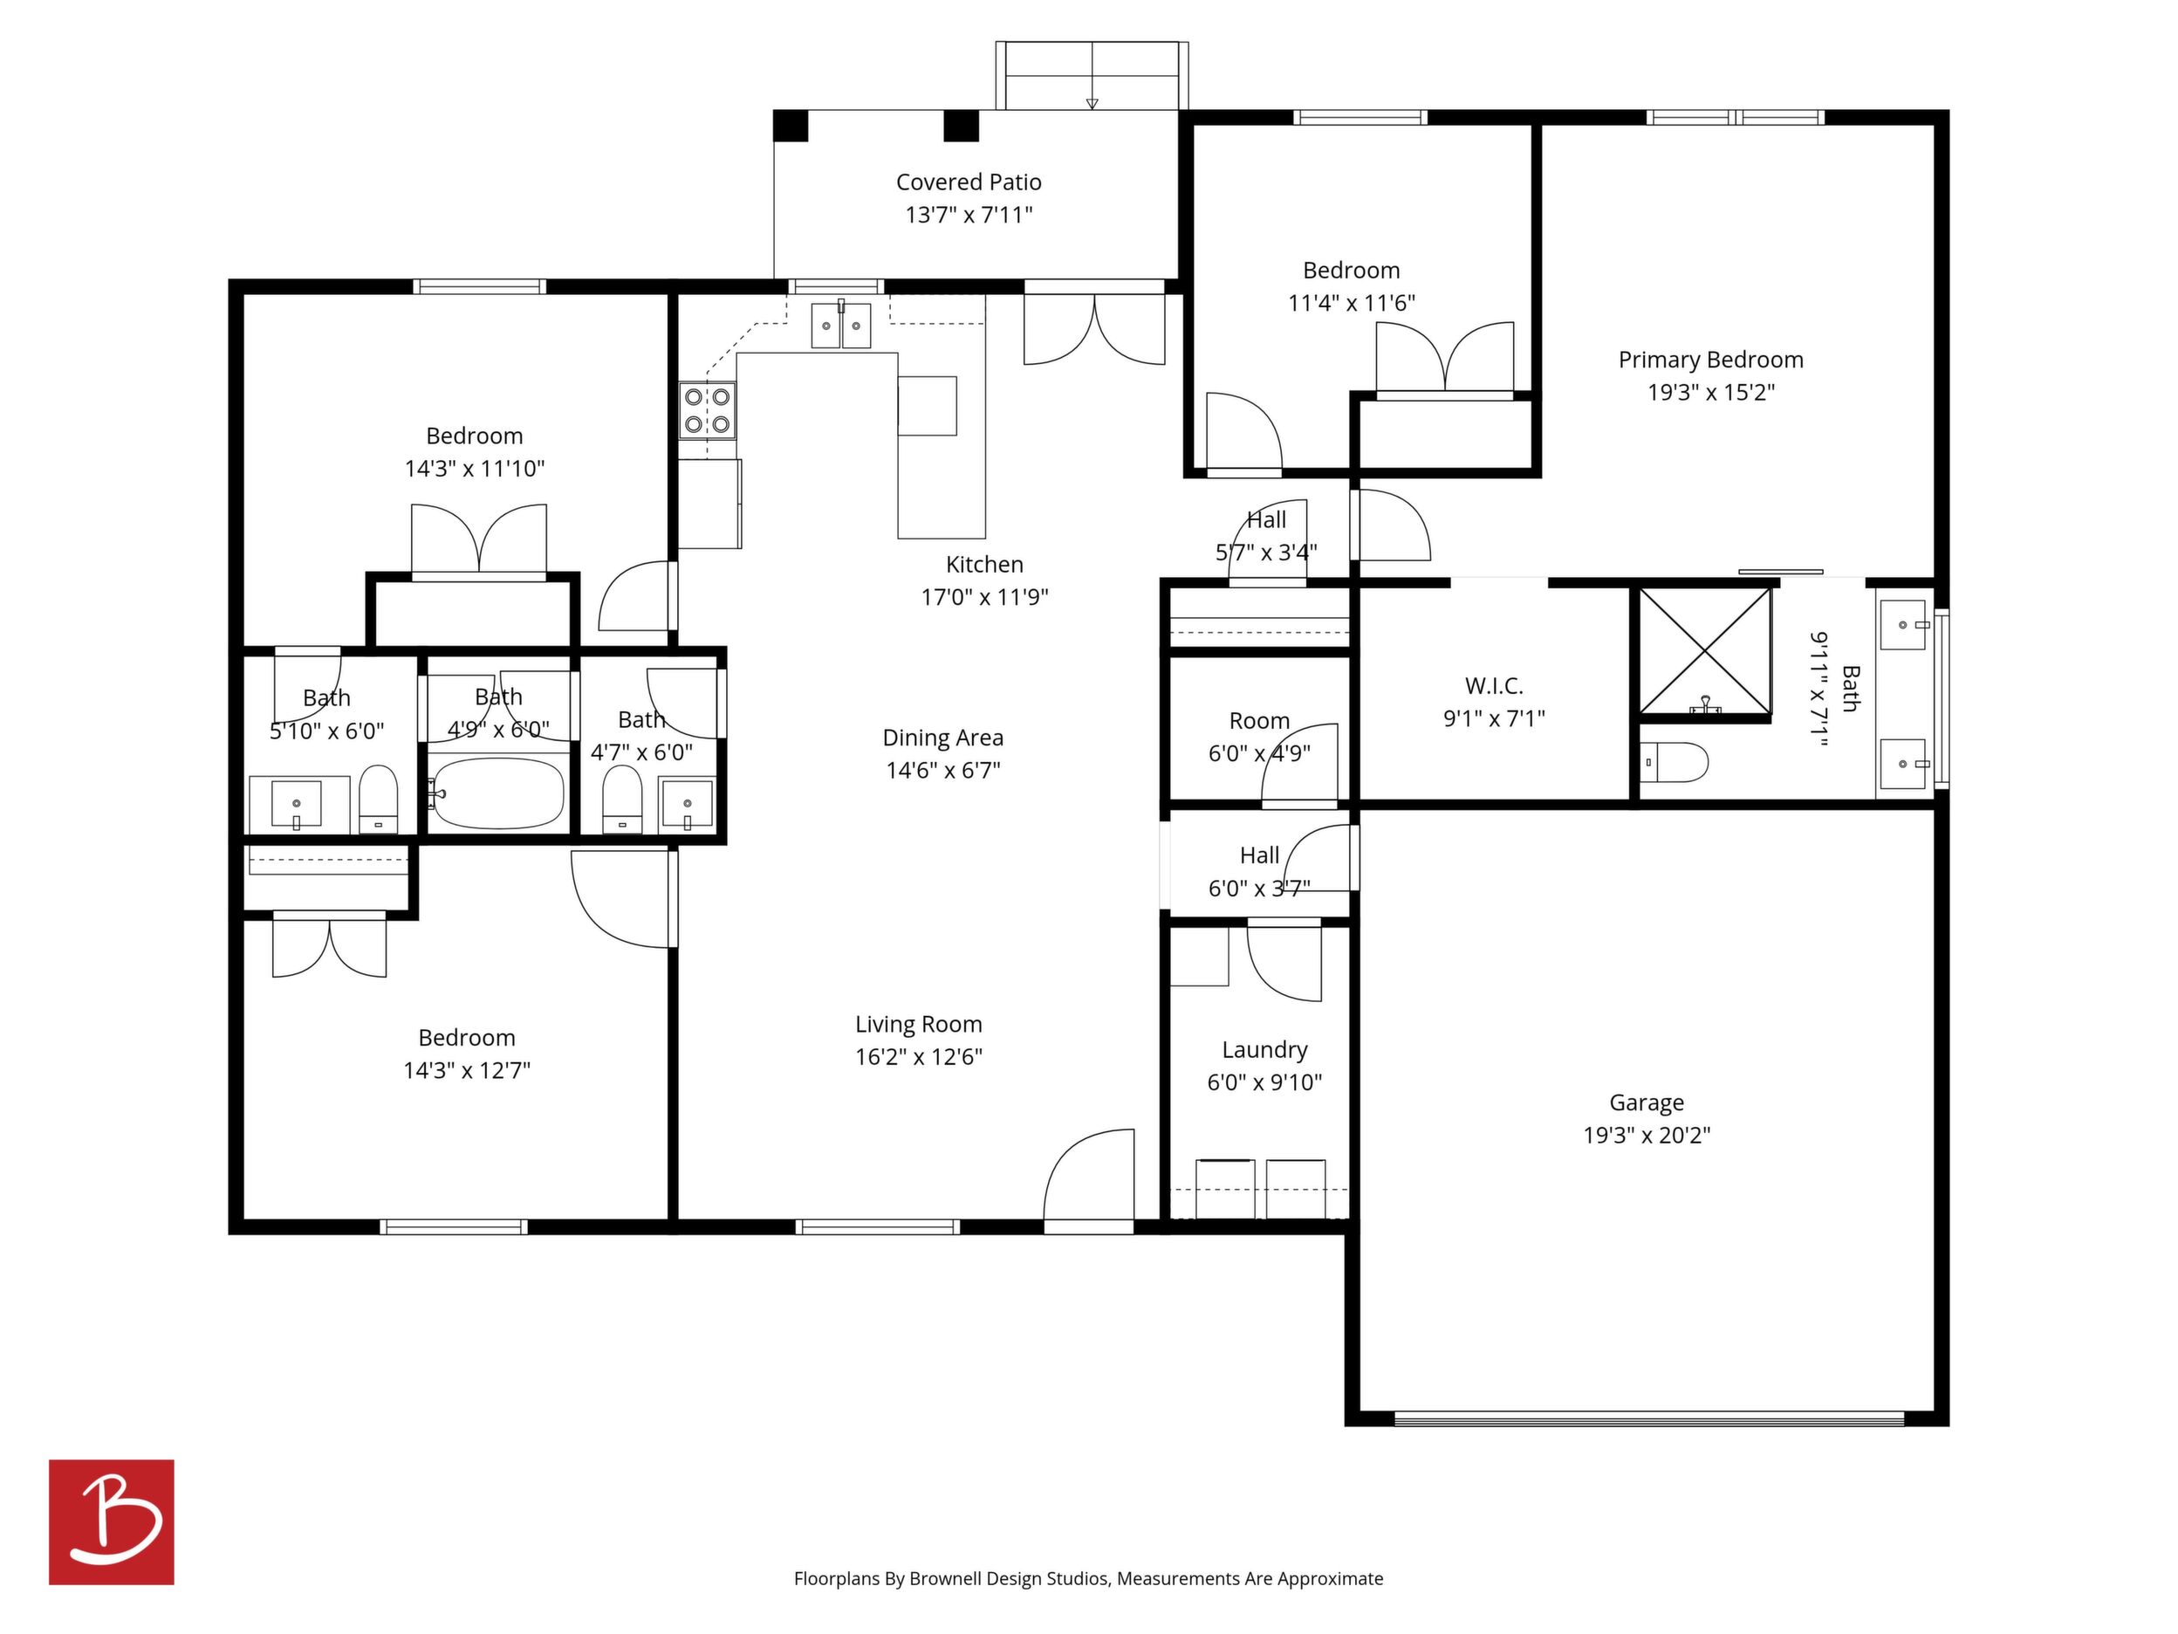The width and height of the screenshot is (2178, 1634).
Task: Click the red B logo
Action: pos(112,1521)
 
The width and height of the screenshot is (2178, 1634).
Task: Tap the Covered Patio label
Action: pos(969,182)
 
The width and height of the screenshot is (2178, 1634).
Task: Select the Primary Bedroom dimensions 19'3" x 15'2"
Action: pos(1711,393)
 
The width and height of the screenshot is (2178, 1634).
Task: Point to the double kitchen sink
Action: pos(841,325)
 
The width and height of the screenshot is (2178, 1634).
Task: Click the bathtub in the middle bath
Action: pos(499,793)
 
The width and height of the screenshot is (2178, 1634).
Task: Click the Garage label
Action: pos(1647,1103)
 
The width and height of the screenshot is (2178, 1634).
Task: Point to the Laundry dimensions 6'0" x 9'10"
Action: pos(1264,1082)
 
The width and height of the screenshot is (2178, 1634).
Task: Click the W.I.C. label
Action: pos(1494,686)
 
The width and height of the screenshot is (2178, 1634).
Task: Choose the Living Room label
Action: pos(919,1025)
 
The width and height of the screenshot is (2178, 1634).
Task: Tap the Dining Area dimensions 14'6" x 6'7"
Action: pos(943,770)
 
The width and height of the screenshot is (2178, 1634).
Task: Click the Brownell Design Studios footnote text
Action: pos(1088,1579)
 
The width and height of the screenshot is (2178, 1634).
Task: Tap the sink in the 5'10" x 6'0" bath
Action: pos(297,804)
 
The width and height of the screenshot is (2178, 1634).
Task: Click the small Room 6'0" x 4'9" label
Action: pos(1259,721)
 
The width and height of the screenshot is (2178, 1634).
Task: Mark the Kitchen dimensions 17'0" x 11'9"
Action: pos(984,597)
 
